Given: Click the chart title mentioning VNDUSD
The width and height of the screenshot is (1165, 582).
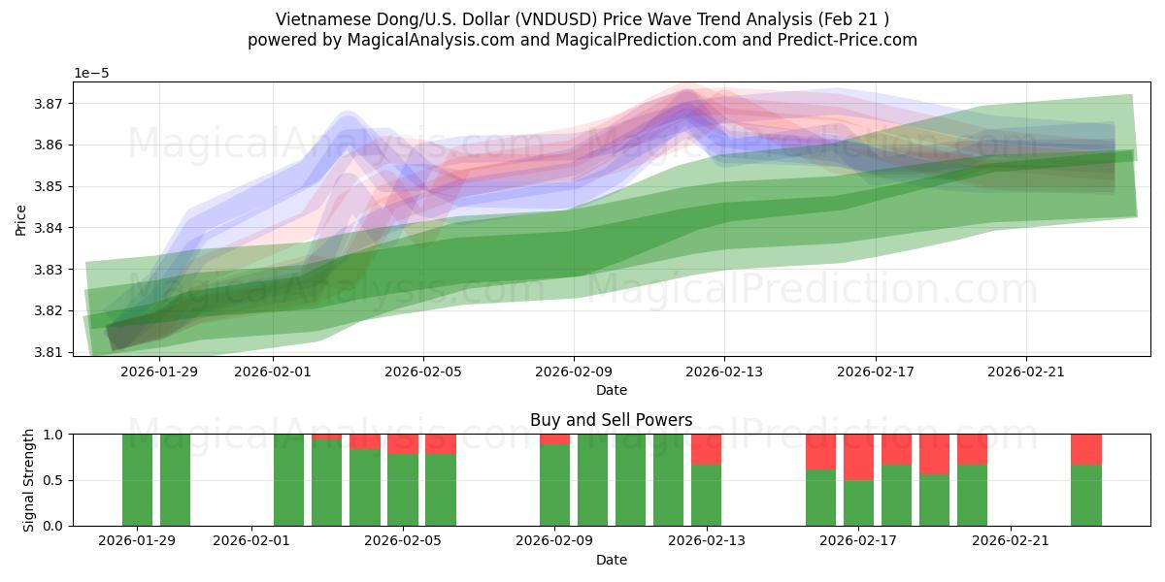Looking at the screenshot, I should [582, 18].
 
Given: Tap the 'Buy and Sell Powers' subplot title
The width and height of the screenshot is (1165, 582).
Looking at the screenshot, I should [611, 420].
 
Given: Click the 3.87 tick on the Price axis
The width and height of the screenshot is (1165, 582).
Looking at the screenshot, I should [50, 104].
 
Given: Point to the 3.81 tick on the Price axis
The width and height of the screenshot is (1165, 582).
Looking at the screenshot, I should [50, 352].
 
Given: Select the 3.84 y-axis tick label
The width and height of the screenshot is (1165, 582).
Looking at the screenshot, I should [50, 228].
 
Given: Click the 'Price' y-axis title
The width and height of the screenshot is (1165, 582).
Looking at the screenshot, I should [20, 219].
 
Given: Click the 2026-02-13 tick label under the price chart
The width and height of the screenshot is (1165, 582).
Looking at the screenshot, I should [724, 371].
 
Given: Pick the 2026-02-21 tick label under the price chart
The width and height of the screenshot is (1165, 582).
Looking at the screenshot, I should [1027, 371].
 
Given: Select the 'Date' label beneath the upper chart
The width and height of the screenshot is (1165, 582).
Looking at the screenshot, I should [611, 390].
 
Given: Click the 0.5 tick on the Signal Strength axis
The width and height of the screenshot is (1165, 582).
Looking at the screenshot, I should [53, 480].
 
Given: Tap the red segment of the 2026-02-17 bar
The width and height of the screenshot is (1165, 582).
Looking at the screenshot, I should [858, 457].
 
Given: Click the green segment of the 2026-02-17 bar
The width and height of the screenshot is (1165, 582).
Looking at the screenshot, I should [858, 503].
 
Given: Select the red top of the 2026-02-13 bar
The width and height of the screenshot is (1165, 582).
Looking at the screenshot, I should [706, 449].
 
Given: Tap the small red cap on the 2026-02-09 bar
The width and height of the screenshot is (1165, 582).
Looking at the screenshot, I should [554, 439].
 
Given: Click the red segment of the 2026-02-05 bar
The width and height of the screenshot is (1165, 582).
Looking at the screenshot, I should [403, 444].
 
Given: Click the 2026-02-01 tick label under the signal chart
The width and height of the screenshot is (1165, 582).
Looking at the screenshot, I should [251, 541].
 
